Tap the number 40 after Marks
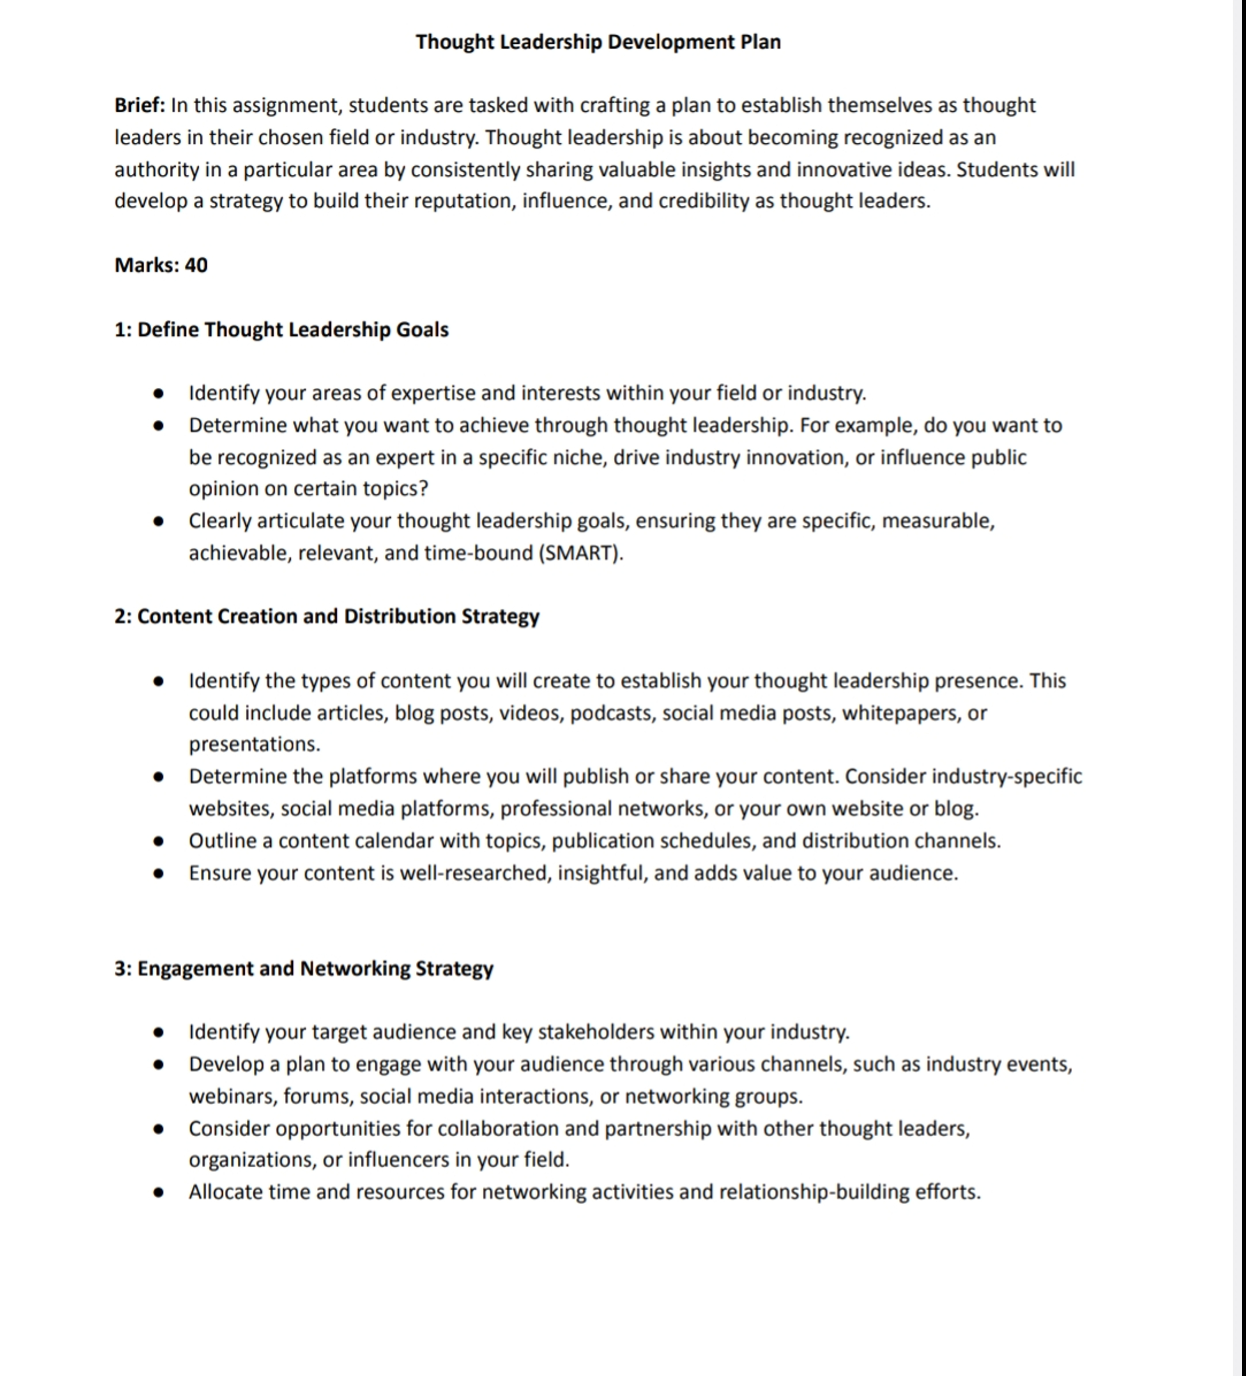196,265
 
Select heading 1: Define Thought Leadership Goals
281,330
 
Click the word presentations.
254,744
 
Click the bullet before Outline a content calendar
158,841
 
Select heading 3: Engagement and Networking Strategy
304,968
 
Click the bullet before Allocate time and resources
158,1192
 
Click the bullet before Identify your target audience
158,1032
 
